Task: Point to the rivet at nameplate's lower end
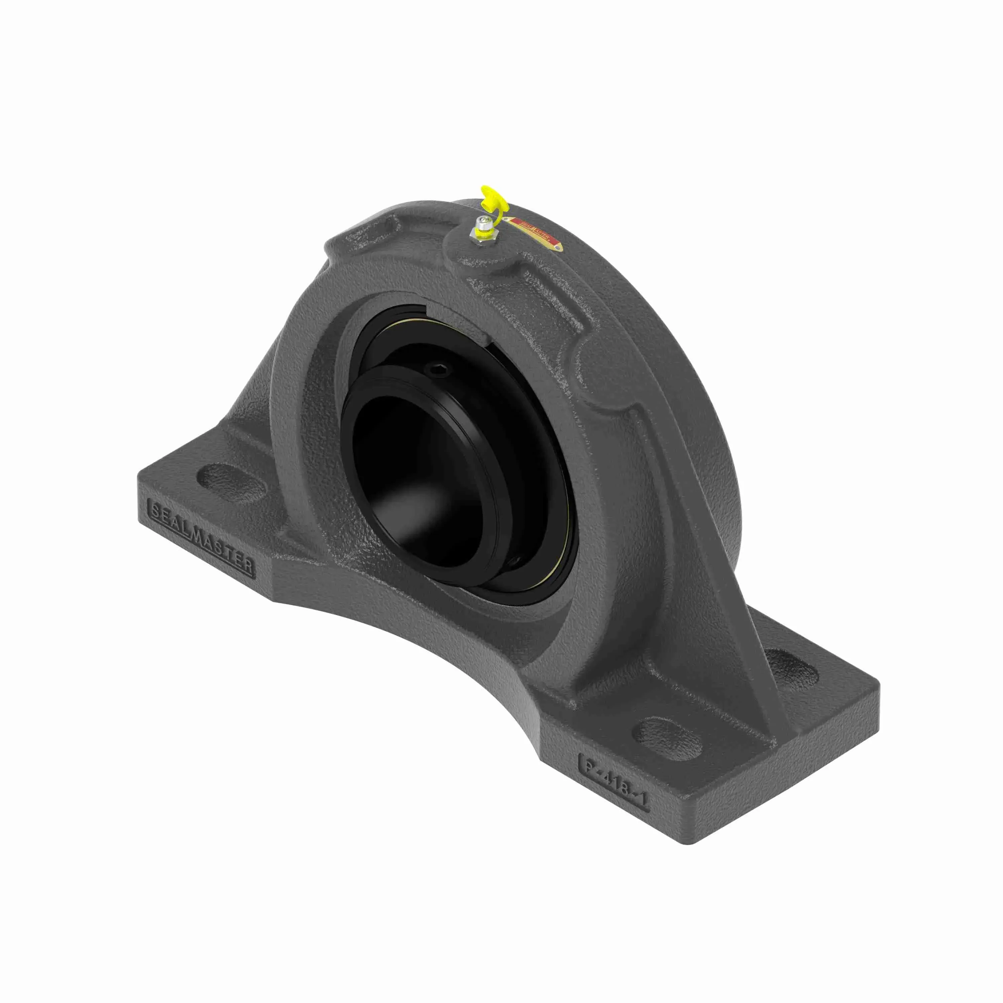(558, 248)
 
